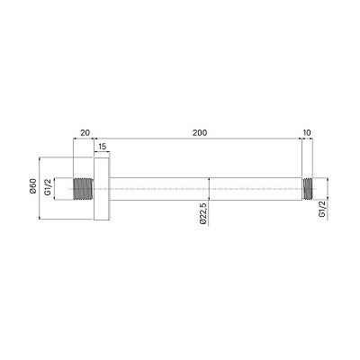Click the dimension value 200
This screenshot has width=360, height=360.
(200, 132)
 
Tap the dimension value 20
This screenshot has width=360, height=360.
(85, 132)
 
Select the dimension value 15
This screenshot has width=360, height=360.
(103, 147)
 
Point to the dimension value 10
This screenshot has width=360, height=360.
(307, 132)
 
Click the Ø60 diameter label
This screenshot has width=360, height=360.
(33, 186)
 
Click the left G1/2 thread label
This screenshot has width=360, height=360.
(48, 187)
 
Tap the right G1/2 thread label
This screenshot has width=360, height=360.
(322, 209)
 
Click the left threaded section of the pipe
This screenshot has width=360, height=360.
(83, 189)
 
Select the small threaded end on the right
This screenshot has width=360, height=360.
(308, 189)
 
